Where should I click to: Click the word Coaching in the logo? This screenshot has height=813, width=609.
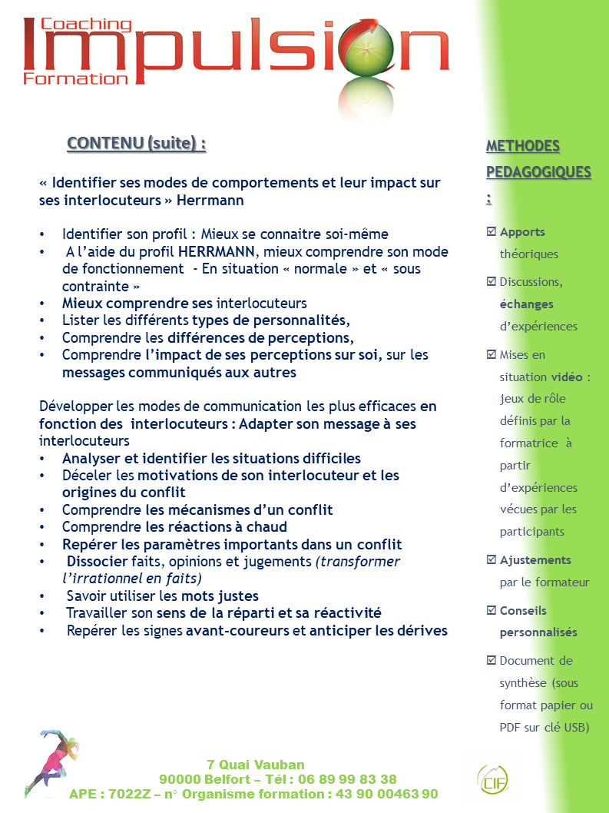(x=86, y=25)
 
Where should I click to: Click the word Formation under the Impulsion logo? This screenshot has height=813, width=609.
(x=75, y=78)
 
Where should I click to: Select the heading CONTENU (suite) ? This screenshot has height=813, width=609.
(x=136, y=144)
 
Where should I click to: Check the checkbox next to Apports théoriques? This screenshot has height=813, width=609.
(x=492, y=231)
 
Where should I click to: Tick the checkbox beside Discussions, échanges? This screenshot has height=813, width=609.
(x=492, y=281)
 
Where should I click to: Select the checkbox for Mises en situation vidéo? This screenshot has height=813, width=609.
(x=492, y=354)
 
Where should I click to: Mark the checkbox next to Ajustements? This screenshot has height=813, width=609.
(x=492, y=559)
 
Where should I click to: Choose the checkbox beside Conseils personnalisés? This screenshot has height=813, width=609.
(x=492, y=610)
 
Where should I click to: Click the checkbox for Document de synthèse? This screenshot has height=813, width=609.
(x=492, y=660)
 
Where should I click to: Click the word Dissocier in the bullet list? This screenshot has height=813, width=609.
(x=97, y=562)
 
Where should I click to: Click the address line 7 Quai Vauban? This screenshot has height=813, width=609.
(x=256, y=765)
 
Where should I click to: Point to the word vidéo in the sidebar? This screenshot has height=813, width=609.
(x=567, y=377)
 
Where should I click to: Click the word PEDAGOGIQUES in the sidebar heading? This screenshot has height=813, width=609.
(x=538, y=171)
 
